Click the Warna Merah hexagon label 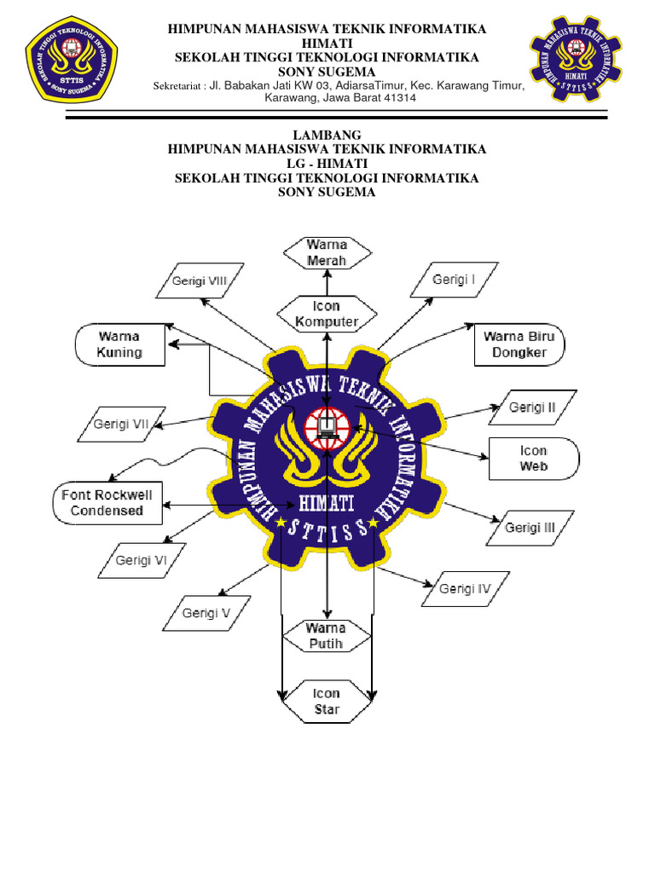pyautogui.click(x=327, y=252)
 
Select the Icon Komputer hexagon pyautogui.click(x=327, y=314)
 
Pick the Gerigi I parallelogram pyautogui.click(x=453, y=280)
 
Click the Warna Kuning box pyautogui.click(x=119, y=344)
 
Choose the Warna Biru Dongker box pyautogui.click(x=519, y=344)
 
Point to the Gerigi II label pyautogui.click(x=532, y=408)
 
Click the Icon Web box pyautogui.click(x=533, y=459)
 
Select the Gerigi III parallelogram pyautogui.click(x=530, y=528)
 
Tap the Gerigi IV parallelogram pyautogui.click(x=466, y=588)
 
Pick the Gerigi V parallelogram pyautogui.click(x=206, y=612)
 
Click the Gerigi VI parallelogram pyautogui.click(x=141, y=560)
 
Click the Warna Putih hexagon pyautogui.click(x=327, y=636)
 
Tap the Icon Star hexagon pyautogui.click(x=327, y=702)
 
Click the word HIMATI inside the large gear pyautogui.click(x=327, y=504)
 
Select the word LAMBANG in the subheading pyautogui.click(x=327, y=135)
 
